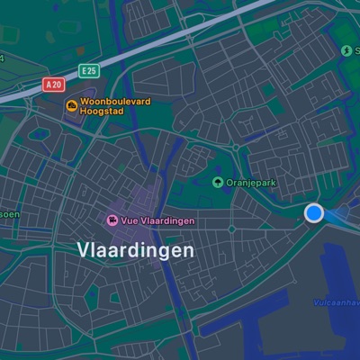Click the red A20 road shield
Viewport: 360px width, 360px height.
[x=54, y=85]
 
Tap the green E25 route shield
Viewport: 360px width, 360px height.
[x=88, y=70]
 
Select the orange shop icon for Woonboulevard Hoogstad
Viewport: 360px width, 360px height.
[x=70, y=106]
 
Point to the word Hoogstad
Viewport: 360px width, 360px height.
[x=102, y=113]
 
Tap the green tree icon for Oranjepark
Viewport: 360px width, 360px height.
[x=217, y=182]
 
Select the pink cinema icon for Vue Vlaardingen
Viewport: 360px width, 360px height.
[x=112, y=220]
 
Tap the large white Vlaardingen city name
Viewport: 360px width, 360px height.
[x=135, y=249]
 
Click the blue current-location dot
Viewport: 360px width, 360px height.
[x=313, y=213]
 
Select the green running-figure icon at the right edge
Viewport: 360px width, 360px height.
[x=347, y=50]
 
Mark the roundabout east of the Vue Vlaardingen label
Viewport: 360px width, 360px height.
[x=231, y=229]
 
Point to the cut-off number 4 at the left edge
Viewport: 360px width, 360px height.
[x=2, y=58]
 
